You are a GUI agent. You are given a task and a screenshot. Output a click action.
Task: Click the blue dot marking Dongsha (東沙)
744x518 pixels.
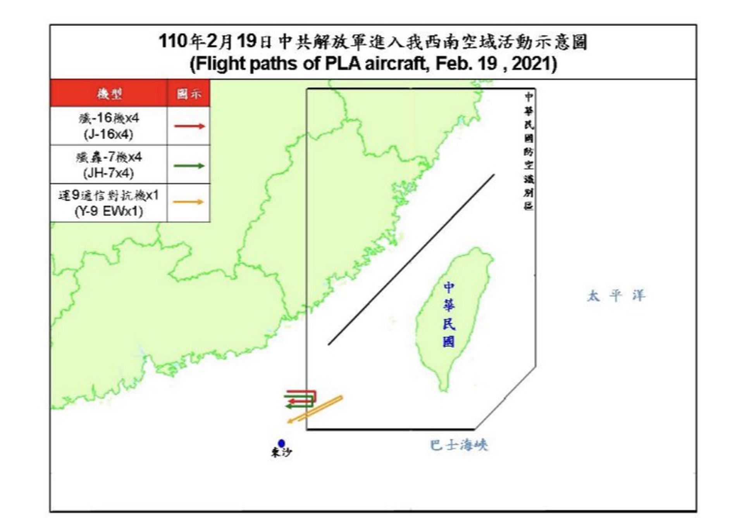click(x=281, y=443)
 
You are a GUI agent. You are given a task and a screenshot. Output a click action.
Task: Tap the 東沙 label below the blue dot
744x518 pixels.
click(x=281, y=452)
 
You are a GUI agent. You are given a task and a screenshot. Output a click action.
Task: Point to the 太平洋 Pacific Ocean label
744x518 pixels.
click(x=616, y=296)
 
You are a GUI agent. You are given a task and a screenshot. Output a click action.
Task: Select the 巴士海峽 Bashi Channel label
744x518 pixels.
click(x=459, y=445)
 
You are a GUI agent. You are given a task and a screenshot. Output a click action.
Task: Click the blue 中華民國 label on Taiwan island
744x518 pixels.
click(x=449, y=314)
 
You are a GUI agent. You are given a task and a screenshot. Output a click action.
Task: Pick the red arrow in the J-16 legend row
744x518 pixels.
click(x=189, y=126)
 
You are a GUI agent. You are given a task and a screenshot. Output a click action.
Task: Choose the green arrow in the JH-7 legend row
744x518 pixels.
click(x=189, y=166)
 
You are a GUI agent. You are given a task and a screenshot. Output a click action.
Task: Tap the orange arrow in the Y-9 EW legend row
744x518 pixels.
click(x=188, y=202)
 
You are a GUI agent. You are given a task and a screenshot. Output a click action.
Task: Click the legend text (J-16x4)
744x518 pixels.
click(x=108, y=135)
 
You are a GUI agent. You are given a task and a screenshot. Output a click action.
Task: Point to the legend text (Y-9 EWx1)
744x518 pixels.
click(x=108, y=212)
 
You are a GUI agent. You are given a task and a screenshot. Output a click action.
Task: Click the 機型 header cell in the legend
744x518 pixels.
click(x=109, y=94)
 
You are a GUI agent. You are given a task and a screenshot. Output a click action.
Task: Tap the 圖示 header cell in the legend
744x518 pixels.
click(x=189, y=94)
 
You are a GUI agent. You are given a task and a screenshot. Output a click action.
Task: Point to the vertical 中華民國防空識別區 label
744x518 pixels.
click(x=528, y=151)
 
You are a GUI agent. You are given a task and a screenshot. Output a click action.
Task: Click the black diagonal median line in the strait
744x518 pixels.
click(x=411, y=259)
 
